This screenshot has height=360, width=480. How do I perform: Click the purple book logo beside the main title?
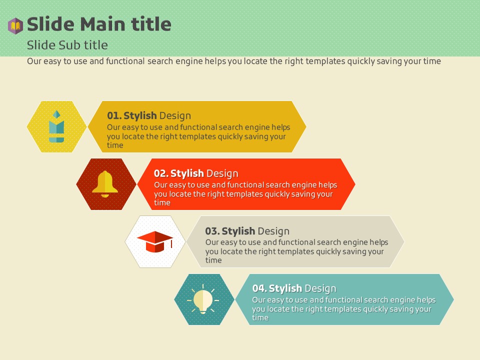tap(15, 25)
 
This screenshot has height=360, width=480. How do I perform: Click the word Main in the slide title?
tap(102, 24)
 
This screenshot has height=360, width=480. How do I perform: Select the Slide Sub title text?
tap(67, 45)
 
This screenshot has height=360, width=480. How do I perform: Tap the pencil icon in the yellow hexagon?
tap(56, 126)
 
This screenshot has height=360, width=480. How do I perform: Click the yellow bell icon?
tap(105, 184)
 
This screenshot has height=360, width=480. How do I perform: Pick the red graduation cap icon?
tap(155, 241)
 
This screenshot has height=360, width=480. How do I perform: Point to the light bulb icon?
tap(203, 299)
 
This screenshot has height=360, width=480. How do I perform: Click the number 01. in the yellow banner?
tap(114, 115)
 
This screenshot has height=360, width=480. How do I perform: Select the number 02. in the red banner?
tap(161, 173)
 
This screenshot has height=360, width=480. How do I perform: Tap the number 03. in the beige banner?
tap(212, 231)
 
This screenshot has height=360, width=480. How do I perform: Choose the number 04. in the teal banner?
tap(259, 288)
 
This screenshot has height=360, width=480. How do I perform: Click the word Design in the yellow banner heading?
tap(175, 116)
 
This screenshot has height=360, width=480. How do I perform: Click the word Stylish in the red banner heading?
tap(187, 173)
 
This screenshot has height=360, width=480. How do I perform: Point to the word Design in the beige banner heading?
tap(273, 231)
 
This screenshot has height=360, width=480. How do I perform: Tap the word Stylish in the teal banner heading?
tap(285, 288)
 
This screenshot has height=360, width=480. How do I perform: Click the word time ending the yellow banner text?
tap(115, 145)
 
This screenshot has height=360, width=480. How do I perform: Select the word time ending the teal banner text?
tap(260, 318)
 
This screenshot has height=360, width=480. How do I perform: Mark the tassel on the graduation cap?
tap(171, 243)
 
